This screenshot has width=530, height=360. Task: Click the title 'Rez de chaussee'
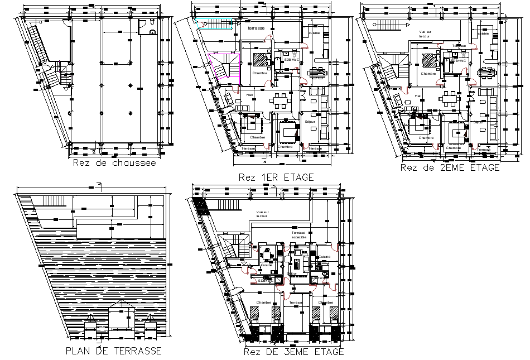[x=114, y=164]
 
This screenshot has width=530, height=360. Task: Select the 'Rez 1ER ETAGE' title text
[x=276, y=177]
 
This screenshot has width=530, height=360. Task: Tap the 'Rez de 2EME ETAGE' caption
[x=450, y=167]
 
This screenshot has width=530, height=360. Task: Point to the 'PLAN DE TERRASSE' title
[x=113, y=351]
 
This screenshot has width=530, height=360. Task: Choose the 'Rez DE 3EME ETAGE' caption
[x=293, y=352]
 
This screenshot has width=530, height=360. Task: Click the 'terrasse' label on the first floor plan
[x=256, y=27]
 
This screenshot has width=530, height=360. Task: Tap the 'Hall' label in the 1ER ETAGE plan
[x=249, y=95]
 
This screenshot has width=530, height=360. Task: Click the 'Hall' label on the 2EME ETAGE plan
[x=418, y=95]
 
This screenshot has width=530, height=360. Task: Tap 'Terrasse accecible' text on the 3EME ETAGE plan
[x=299, y=234]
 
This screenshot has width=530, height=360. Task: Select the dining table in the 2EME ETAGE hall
[x=448, y=99]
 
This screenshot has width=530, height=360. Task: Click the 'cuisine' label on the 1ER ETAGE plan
[x=314, y=33]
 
